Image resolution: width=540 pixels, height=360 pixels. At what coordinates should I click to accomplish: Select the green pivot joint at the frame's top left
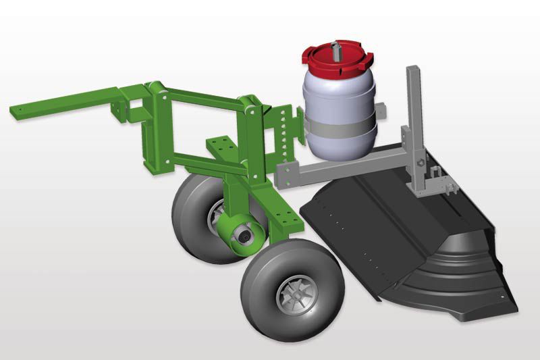pos(156,88)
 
